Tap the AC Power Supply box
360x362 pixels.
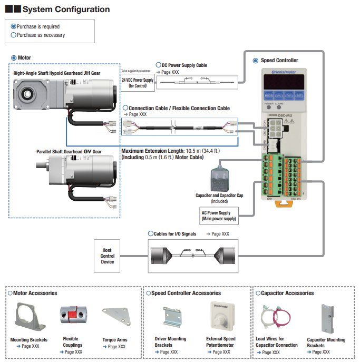[219, 216]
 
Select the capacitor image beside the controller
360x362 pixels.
[219, 179]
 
